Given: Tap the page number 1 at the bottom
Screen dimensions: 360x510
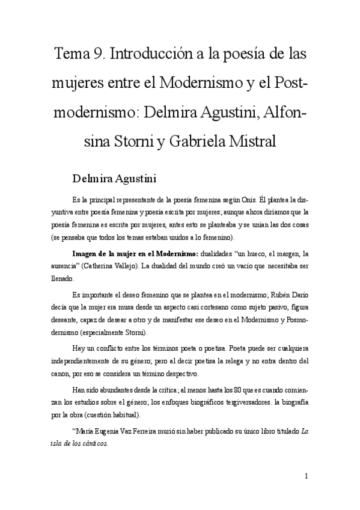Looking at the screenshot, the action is tap(307, 476).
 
